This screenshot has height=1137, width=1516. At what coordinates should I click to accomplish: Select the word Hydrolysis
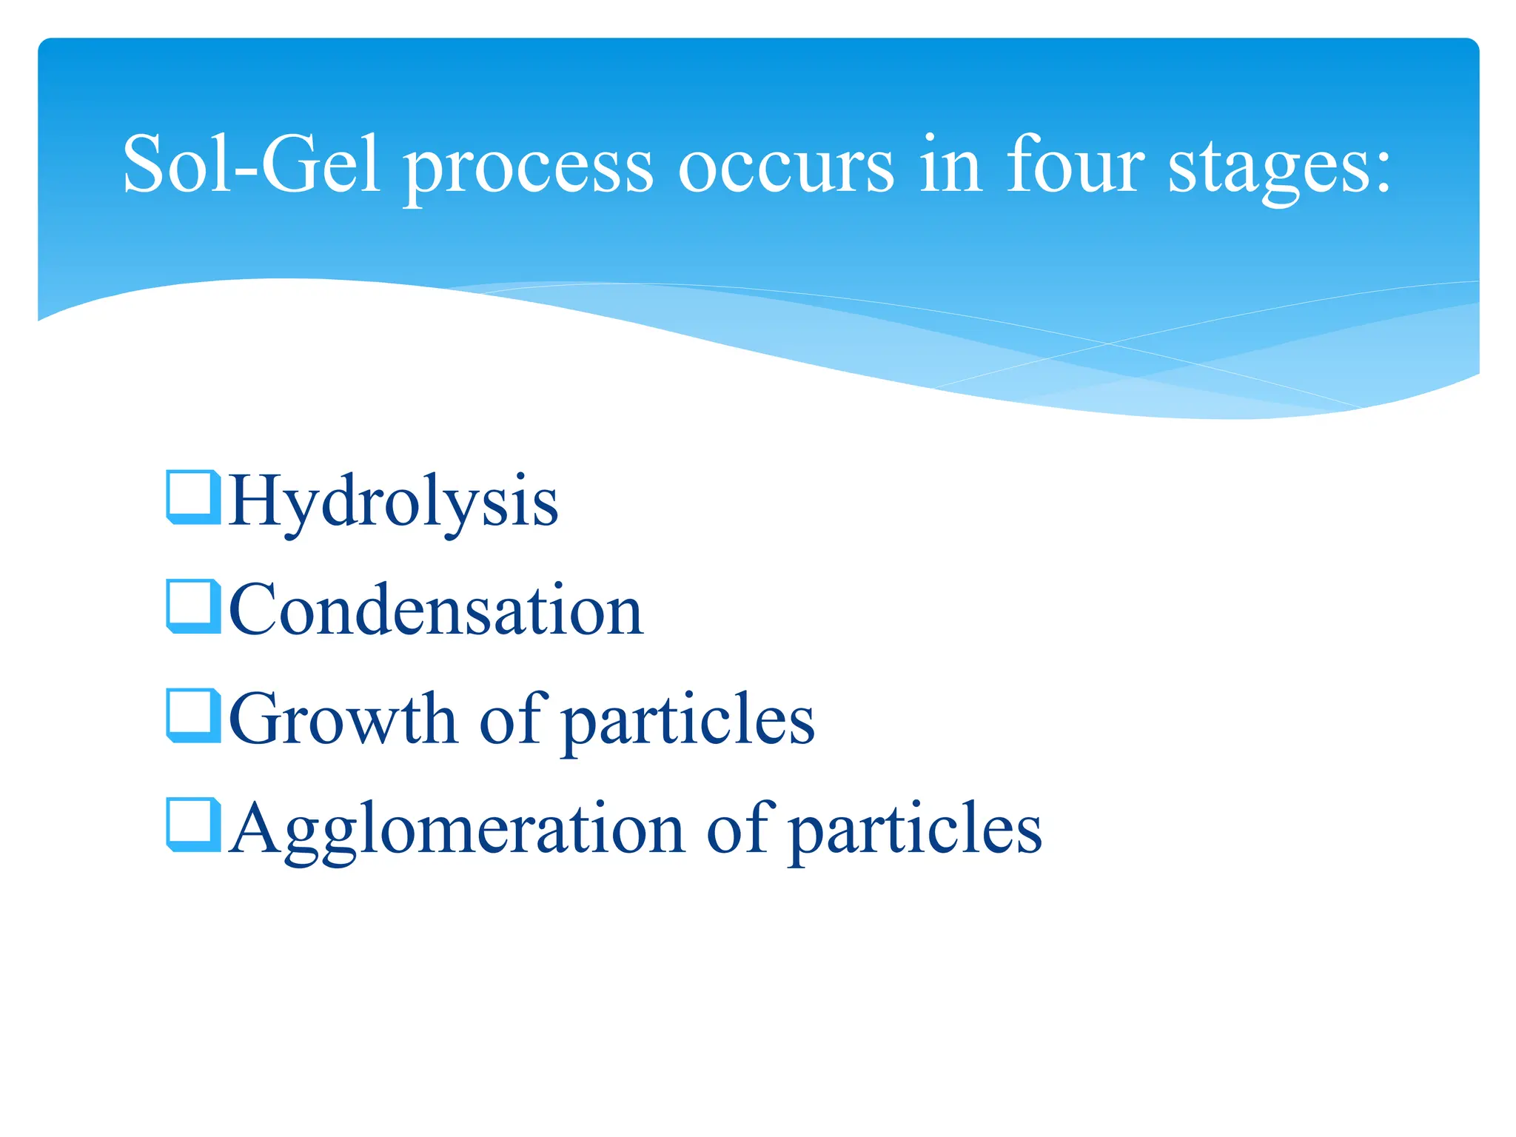[393, 501]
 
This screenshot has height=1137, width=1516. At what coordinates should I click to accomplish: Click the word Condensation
[436, 610]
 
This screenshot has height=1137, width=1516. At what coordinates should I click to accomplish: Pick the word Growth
[343, 719]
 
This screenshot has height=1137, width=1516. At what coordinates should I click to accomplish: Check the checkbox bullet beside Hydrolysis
[192, 496]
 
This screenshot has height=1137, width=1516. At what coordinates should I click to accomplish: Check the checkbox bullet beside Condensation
[192, 606]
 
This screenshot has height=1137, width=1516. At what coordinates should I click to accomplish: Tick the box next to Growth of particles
[192, 714]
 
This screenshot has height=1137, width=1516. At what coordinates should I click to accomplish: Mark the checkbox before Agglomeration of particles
[192, 824]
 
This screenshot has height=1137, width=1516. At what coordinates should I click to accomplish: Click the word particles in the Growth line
[688, 722]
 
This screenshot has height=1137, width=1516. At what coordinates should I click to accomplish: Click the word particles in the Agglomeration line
[916, 831]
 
